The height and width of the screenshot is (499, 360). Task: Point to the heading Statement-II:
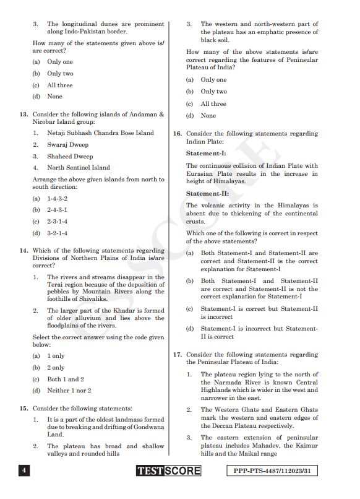(x=207, y=193)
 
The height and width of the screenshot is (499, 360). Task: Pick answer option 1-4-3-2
(x=58, y=199)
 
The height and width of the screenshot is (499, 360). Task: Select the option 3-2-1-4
(x=58, y=233)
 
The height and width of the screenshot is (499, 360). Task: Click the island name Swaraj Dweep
(x=68, y=144)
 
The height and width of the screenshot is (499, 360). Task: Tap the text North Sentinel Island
(x=79, y=167)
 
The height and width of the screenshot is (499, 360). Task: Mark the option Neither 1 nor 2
(x=69, y=390)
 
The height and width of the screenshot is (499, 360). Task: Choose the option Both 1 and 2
(x=66, y=379)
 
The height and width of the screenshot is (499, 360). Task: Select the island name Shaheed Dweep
(x=70, y=156)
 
